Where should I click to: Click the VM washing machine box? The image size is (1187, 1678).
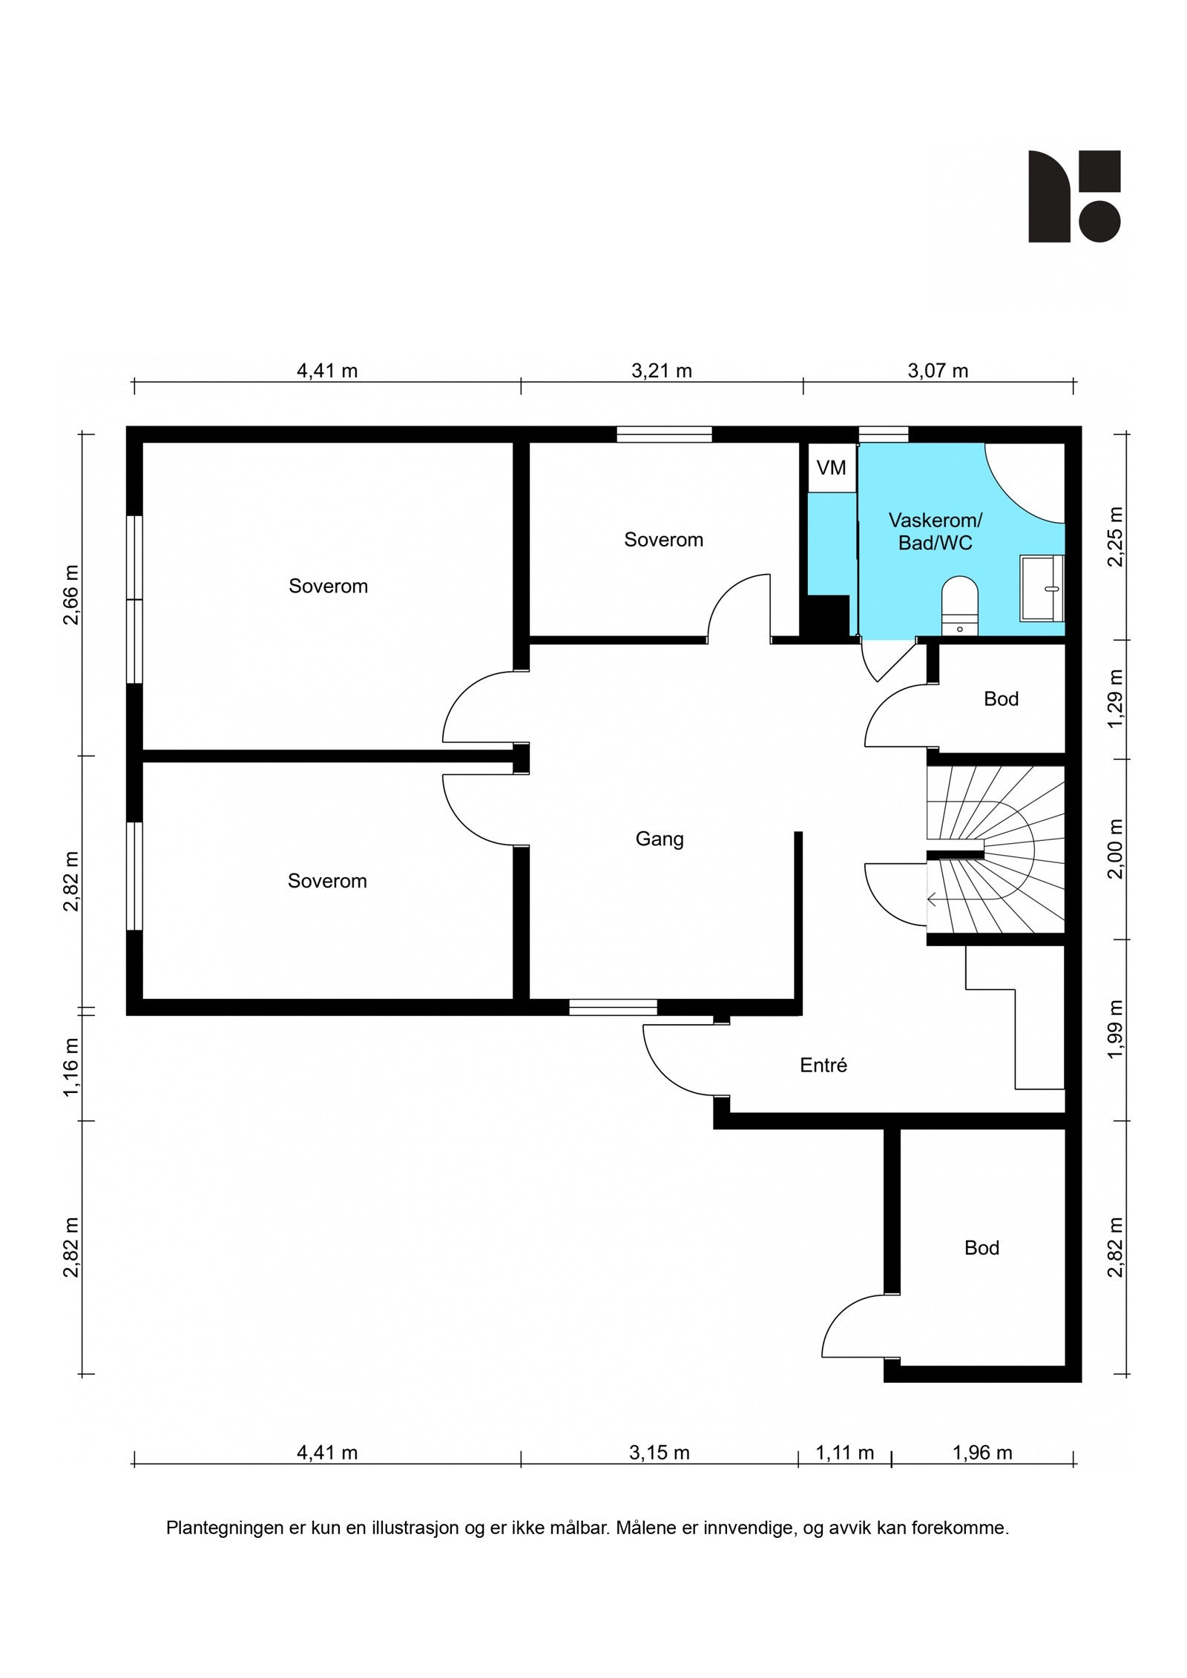pos(832,467)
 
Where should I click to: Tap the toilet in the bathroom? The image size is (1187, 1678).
pos(960,605)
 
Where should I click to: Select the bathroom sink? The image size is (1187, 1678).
pos(1042,588)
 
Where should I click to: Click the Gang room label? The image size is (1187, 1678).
pos(660,839)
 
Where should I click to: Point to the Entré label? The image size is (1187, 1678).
pos(823,1065)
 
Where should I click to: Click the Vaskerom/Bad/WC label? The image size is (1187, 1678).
pos(935,531)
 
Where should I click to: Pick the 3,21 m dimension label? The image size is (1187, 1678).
pos(662,370)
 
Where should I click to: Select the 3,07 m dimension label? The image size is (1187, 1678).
pos(938,370)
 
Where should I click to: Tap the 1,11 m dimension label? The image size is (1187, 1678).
pos(845,1452)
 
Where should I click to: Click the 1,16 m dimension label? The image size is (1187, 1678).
pos(71,1067)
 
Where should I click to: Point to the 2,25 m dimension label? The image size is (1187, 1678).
pos(1115,536)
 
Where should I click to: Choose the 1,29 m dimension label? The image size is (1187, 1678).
pos(1115,698)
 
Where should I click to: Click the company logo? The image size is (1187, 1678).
pos(1073,196)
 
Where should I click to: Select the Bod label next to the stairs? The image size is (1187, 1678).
pos(1001,698)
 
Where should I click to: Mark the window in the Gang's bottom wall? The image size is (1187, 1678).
pos(614,1006)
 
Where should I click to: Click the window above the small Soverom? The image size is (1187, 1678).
pos(665,435)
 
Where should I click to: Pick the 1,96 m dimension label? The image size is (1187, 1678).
pos(982,1452)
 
